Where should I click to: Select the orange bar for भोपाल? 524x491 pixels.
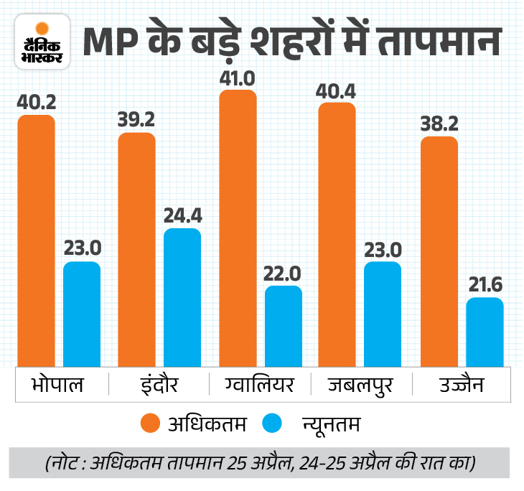pyautogui.click(x=36, y=240)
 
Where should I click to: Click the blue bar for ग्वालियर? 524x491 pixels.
pyautogui.click(x=284, y=327)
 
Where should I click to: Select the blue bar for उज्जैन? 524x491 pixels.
pyautogui.click(x=485, y=332)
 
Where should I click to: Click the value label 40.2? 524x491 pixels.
pyautogui.click(x=36, y=102)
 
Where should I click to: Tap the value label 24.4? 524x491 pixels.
pyautogui.click(x=182, y=215)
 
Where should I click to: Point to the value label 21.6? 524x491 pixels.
pyautogui.click(x=485, y=285)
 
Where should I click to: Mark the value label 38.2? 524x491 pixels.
pyautogui.click(x=438, y=123)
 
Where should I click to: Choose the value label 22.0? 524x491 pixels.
pyautogui.click(x=284, y=273)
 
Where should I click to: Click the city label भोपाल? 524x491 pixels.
pyautogui.click(x=58, y=385)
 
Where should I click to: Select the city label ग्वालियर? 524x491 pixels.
pyautogui.click(x=260, y=385)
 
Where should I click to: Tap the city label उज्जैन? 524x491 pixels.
pyautogui.click(x=461, y=385)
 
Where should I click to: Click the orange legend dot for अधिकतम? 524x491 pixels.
pyautogui.click(x=151, y=423)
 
